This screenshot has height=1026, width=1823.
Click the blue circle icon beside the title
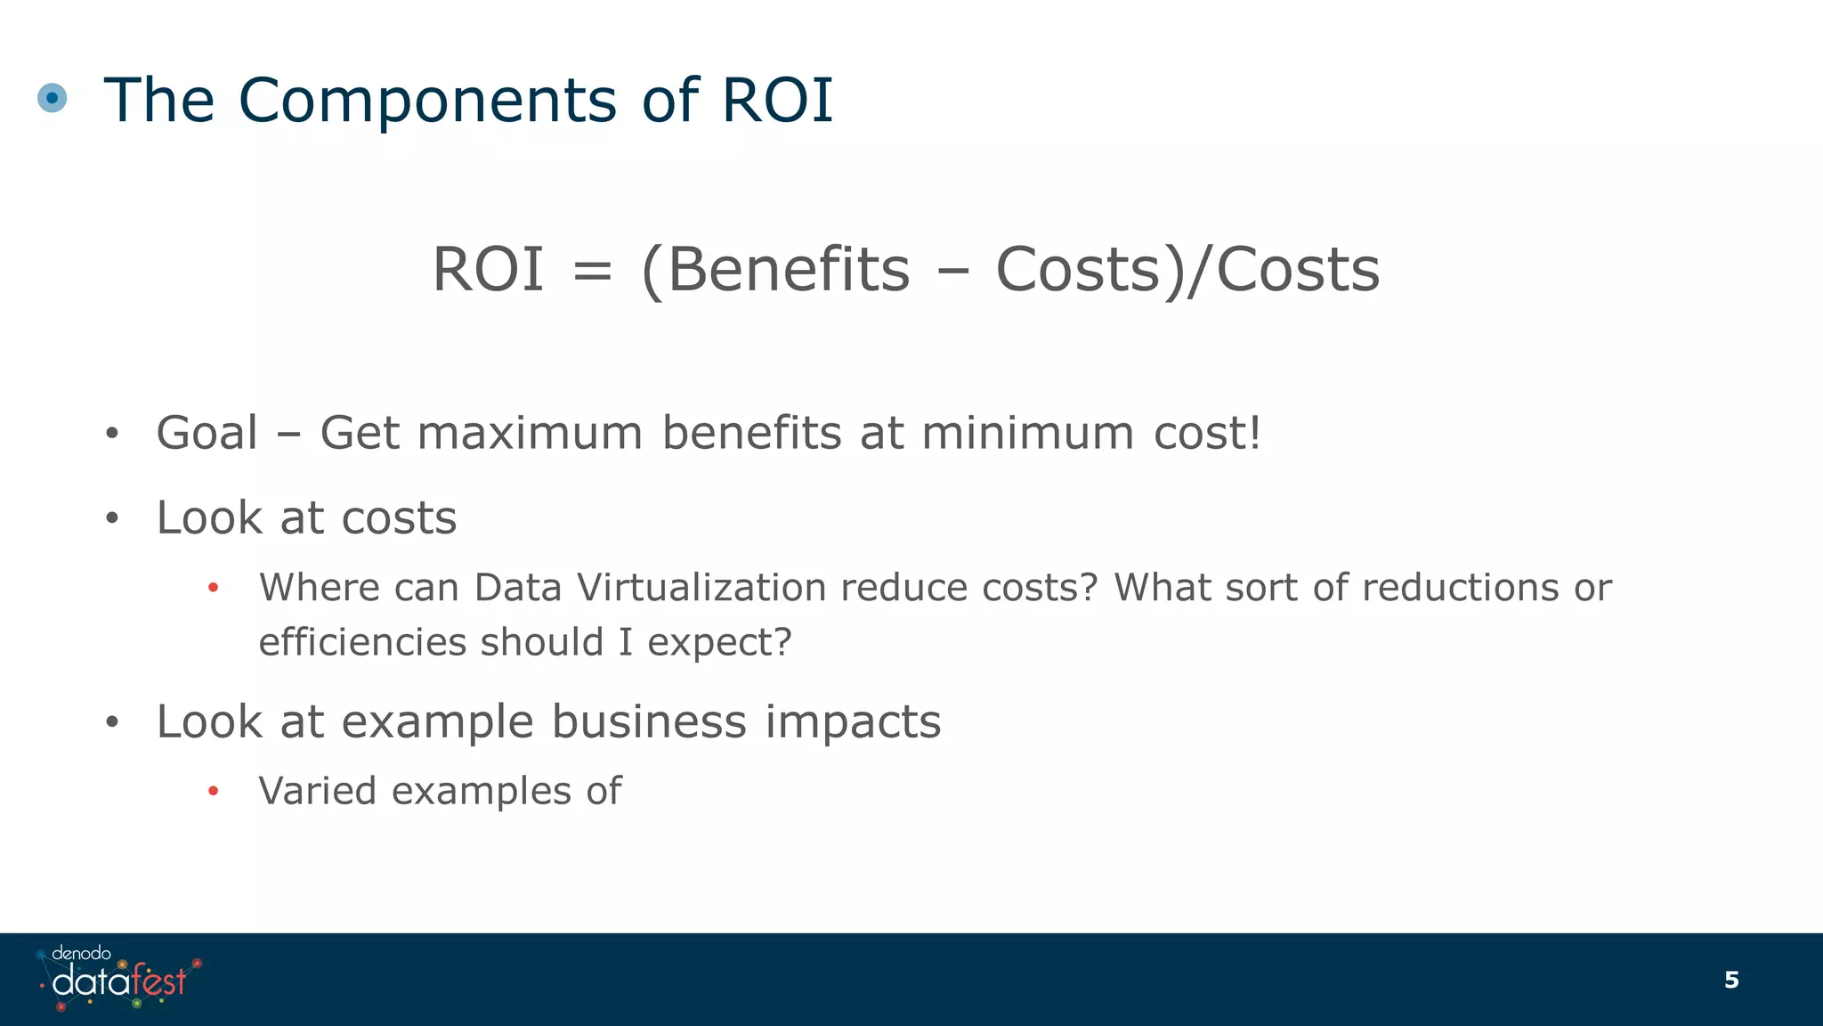click(53, 98)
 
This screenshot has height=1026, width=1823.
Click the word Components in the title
click(427, 100)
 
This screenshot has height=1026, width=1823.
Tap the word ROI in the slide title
click(777, 100)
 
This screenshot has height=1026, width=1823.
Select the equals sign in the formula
click(592, 271)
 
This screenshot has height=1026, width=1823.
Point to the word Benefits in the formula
click(789, 269)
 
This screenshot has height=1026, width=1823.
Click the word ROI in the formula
click(488, 269)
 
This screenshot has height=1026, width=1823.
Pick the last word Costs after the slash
click(1298, 269)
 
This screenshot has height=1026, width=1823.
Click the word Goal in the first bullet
click(207, 434)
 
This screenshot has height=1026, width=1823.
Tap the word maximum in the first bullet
click(530, 434)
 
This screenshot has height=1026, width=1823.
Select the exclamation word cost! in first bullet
click(1208, 434)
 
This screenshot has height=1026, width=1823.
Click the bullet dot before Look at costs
click(111, 519)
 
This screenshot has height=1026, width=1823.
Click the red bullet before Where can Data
click(213, 588)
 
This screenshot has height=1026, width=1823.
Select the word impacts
click(853, 723)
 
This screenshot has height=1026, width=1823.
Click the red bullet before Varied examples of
click(213, 791)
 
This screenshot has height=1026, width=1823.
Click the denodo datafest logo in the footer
click(118, 979)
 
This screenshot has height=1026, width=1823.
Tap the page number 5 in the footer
click(1730, 980)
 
